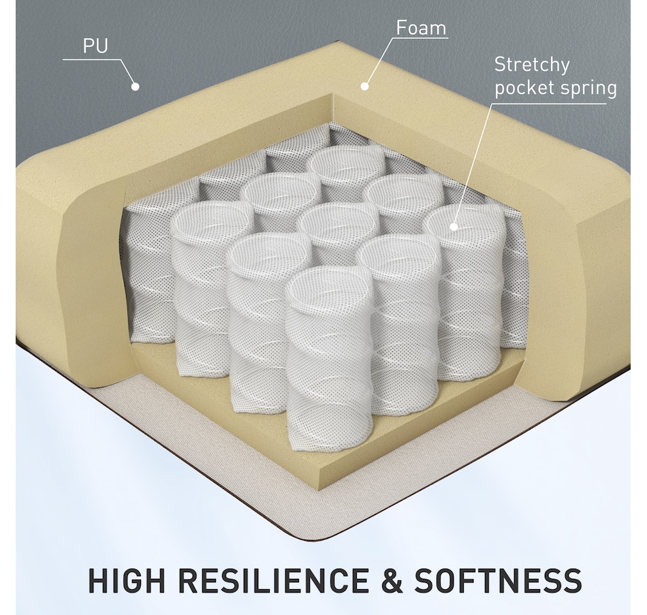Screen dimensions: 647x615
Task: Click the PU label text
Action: (x=96, y=46)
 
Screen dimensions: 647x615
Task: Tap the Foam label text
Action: (x=422, y=28)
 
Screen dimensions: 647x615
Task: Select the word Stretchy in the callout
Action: (x=532, y=65)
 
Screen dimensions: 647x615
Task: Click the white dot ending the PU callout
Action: (x=135, y=86)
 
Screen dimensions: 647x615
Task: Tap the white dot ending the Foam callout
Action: (x=364, y=86)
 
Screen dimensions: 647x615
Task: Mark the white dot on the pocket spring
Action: (x=454, y=226)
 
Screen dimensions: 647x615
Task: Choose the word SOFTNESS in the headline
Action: (x=499, y=581)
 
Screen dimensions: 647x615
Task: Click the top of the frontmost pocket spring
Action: (x=328, y=287)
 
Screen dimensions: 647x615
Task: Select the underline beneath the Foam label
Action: (x=420, y=38)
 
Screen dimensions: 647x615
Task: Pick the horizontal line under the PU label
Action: (x=92, y=60)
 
